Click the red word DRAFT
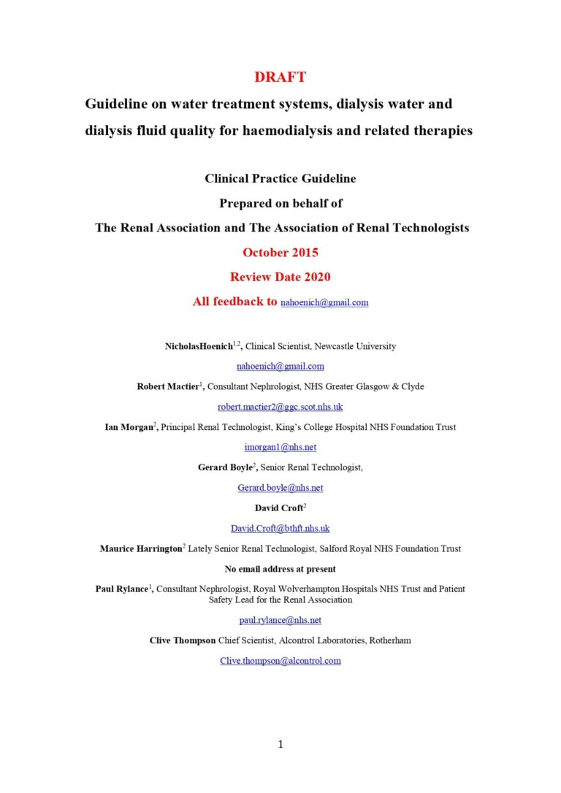(x=280, y=77)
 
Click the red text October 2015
(x=280, y=253)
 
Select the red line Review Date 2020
(x=280, y=277)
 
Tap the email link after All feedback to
(x=324, y=302)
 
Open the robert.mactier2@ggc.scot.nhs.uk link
(x=280, y=407)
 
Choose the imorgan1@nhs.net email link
(x=280, y=447)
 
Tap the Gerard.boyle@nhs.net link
(x=280, y=487)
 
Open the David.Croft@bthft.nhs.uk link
(x=280, y=527)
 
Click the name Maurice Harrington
(x=141, y=548)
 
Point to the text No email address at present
(x=280, y=568)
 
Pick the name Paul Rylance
(x=123, y=589)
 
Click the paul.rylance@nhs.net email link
(x=280, y=620)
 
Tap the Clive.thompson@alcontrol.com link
(x=280, y=661)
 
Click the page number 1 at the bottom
(x=280, y=744)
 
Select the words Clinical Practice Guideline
(x=280, y=177)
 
